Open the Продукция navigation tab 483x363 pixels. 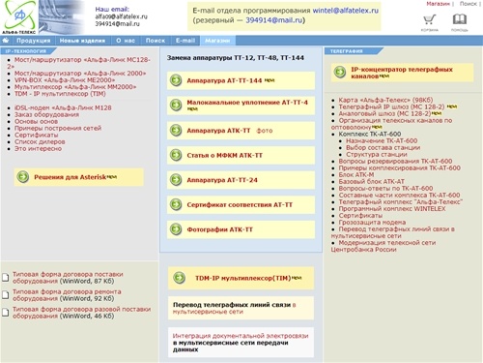click(x=34, y=41)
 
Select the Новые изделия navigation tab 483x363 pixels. click(x=82, y=41)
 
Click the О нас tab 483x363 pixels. click(x=125, y=41)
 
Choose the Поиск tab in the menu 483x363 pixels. click(x=155, y=41)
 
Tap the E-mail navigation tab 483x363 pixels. click(x=185, y=41)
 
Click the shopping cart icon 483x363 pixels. click(x=429, y=19)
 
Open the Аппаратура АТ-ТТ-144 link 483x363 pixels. click(x=225, y=80)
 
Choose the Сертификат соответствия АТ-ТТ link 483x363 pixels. click(x=240, y=204)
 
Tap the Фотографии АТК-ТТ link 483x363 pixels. click(x=220, y=229)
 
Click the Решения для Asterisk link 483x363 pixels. click(x=70, y=175)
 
